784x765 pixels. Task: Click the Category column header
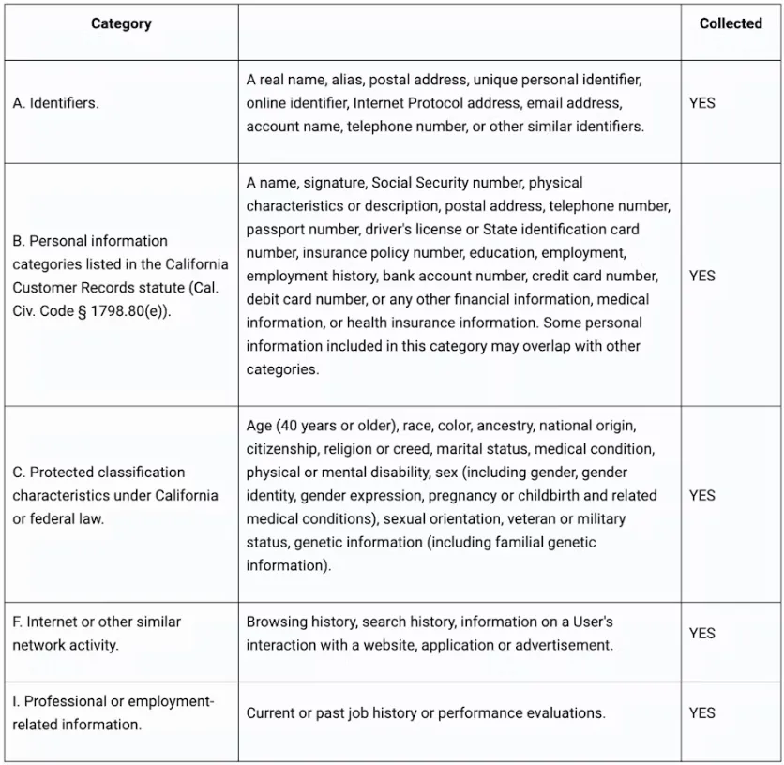121,24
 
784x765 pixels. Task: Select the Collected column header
731,24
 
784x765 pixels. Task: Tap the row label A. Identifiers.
56,103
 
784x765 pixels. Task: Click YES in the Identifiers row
701,103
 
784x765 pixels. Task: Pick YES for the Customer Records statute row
701,276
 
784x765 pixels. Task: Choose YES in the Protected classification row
701,495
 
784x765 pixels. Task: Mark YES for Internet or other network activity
701,633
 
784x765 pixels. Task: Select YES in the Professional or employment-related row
701,713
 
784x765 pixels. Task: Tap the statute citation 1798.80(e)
142,310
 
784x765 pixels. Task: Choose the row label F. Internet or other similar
98,622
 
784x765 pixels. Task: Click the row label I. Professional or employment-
113,702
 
